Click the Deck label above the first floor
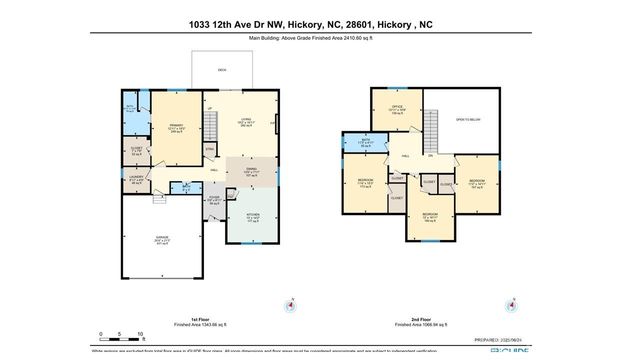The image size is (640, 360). tap(221, 70)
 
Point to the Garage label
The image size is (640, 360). tap(162, 241)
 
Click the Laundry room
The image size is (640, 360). tap(136, 181)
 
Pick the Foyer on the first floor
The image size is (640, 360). tap(215, 198)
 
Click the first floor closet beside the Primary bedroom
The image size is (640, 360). tap(138, 153)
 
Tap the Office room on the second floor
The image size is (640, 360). tap(396, 110)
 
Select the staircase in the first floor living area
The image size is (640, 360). tap(210, 146)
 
